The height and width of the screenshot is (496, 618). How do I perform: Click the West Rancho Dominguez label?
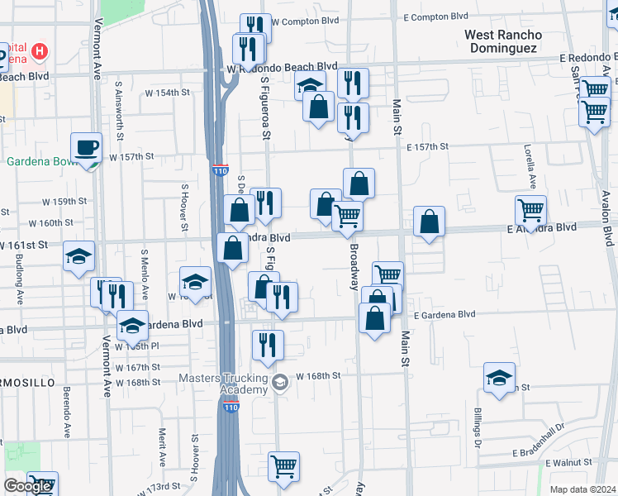503,41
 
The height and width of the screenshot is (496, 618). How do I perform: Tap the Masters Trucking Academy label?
223,384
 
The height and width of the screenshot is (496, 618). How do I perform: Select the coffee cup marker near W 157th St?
86,149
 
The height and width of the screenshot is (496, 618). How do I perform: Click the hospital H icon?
38,53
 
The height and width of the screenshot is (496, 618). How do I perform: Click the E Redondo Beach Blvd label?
587,57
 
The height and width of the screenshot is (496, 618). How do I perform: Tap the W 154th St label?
169,93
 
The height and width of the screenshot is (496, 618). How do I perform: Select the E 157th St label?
427,146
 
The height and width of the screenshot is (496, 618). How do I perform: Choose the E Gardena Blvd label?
445,314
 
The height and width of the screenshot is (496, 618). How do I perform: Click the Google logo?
27,486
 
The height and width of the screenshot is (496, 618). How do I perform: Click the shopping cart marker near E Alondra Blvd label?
530,211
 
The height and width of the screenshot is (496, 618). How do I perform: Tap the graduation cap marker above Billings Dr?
499,379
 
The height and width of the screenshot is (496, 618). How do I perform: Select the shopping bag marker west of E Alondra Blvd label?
429,222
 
